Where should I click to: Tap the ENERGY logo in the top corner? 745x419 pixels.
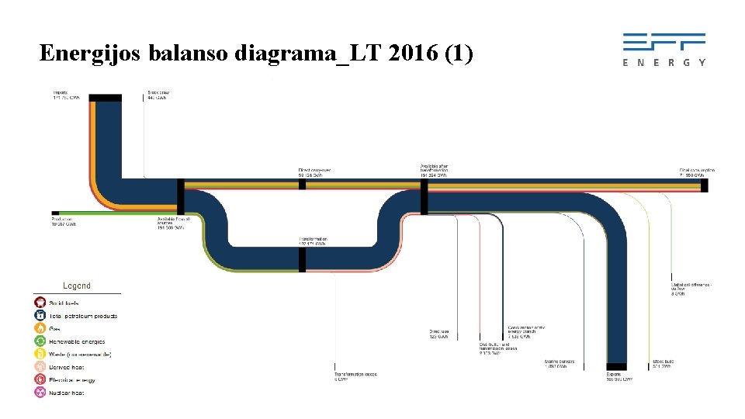pyautogui.click(x=664, y=49)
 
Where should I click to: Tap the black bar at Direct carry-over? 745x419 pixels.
pyautogui.click(x=302, y=185)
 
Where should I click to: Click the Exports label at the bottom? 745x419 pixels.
pyautogui.click(x=619, y=377)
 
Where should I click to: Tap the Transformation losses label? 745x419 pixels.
pyautogui.click(x=355, y=376)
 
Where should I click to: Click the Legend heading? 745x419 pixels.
pyautogui.click(x=77, y=286)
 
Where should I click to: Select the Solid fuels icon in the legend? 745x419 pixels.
pyautogui.click(x=40, y=303)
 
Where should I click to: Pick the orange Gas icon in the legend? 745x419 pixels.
pyautogui.click(x=40, y=328)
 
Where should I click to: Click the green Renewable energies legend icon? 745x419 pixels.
pyautogui.click(x=40, y=341)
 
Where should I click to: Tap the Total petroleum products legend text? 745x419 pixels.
pyautogui.click(x=83, y=316)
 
